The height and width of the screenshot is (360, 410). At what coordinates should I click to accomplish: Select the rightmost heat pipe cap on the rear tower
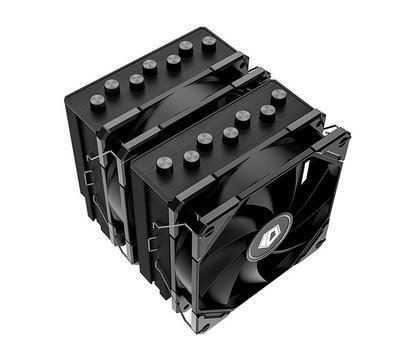[209, 42]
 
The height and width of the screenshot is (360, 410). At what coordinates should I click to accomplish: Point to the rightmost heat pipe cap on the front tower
[279, 95]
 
